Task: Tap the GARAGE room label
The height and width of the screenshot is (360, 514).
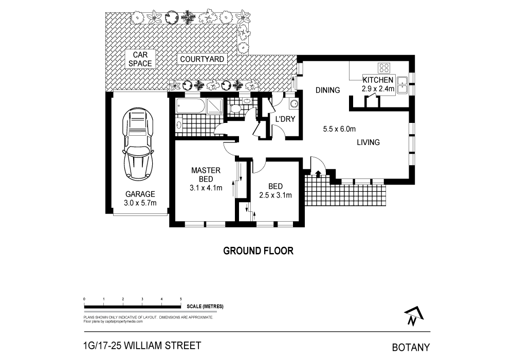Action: point(140,194)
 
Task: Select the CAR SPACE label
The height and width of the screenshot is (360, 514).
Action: point(140,59)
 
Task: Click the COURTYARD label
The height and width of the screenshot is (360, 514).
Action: point(202,59)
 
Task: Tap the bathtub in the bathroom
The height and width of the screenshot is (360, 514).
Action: point(189,107)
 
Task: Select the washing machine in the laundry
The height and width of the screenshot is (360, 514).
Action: point(294,104)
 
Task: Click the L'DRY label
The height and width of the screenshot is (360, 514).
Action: point(284,120)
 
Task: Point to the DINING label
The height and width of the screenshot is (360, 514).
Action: point(328,91)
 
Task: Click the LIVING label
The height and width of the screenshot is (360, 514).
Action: point(369,142)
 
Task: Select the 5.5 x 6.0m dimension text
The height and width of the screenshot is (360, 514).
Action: point(340,129)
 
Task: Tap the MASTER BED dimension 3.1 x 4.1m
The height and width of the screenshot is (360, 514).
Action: point(206,188)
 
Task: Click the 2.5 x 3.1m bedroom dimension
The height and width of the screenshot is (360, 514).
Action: point(275,195)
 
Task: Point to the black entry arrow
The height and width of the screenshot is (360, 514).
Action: point(318,173)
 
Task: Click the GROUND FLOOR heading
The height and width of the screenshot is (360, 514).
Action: point(258,251)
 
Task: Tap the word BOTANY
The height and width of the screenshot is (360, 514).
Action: point(411,347)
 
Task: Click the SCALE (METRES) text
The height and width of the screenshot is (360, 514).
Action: point(206,307)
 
